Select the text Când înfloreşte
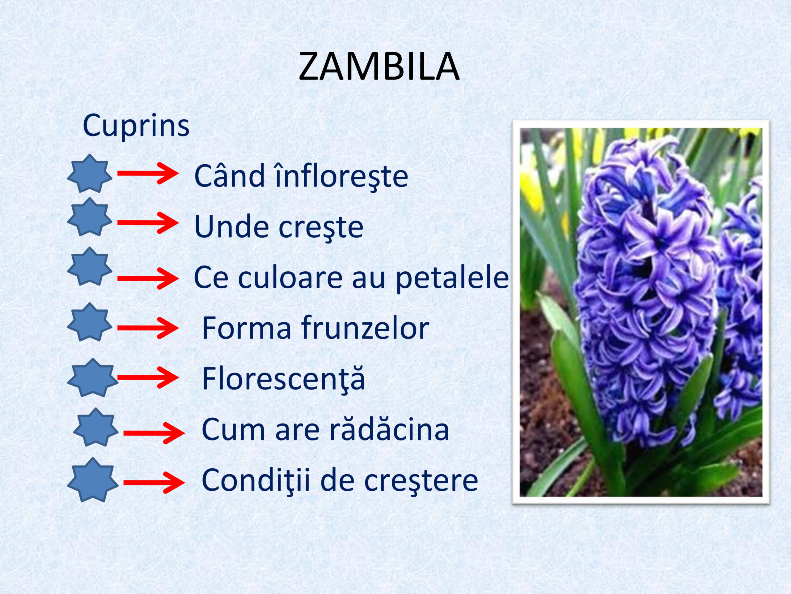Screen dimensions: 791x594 (x=301, y=175)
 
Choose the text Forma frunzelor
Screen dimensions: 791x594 (x=316, y=328)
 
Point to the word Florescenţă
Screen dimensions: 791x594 (x=284, y=378)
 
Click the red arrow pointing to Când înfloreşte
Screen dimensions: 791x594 (x=148, y=174)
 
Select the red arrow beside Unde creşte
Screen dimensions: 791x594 (x=148, y=223)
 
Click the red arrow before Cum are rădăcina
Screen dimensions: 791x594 (x=154, y=433)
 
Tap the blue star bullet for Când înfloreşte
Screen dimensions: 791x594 (x=90, y=174)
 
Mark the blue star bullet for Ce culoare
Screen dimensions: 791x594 (x=90, y=266)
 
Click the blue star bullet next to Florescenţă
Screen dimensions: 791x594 (x=93, y=378)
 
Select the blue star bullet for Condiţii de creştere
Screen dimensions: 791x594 (x=93, y=480)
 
